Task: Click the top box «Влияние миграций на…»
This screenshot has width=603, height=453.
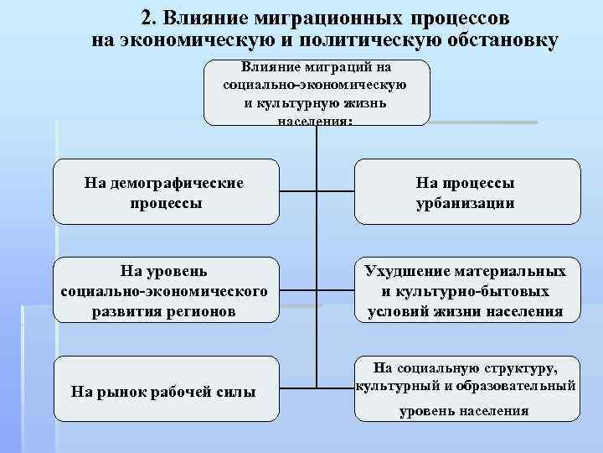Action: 316,92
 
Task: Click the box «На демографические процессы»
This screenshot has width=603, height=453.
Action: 166,192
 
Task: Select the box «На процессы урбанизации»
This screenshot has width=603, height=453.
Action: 466,192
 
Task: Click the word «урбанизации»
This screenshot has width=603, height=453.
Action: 466,203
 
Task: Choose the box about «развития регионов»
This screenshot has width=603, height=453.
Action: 166,290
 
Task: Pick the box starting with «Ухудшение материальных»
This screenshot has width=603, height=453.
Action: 466,290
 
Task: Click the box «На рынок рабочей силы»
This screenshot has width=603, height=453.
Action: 166,389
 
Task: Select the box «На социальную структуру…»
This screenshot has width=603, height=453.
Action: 466,388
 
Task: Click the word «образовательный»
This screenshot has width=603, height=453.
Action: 519,387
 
